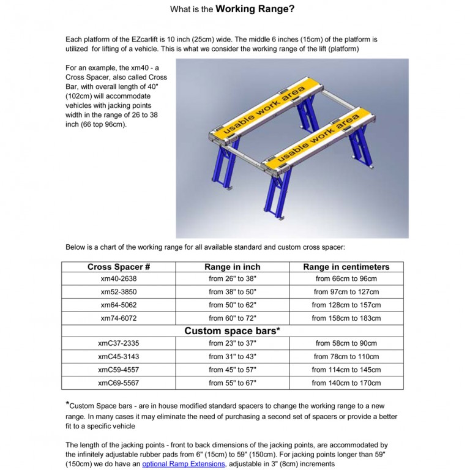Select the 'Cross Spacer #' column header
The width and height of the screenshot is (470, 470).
pyautogui.click(x=119, y=267)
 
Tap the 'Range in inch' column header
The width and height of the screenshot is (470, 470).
pyautogui.click(x=232, y=267)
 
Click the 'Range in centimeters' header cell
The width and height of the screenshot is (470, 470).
pyautogui.click(x=346, y=267)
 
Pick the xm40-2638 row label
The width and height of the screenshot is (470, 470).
pyautogui.click(x=119, y=279)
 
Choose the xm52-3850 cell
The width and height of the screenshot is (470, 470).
pyautogui.click(x=119, y=292)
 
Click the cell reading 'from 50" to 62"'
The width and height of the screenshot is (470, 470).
pyautogui.click(x=233, y=305)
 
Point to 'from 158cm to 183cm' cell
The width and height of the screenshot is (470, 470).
pyautogui.click(x=346, y=318)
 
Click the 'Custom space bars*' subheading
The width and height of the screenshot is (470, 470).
pyautogui.click(x=233, y=331)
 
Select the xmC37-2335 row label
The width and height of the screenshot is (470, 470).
pyautogui.click(x=119, y=343)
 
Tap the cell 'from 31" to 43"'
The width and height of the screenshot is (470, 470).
pyautogui.click(x=233, y=357)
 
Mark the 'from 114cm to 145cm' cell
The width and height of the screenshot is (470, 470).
pyautogui.click(x=346, y=370)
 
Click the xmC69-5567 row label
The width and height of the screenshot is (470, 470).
pyautogui.click(x=119, y=383)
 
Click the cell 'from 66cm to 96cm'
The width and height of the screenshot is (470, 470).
pyautogui.click(x=346, y=279)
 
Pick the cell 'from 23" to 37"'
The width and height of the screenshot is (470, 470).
pyautogui.click(x=233, y=343)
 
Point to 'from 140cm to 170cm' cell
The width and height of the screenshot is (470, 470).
pyautogui.click(x=346, y=383)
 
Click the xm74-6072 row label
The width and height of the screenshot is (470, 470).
pyautogui.click(x=119, y=318)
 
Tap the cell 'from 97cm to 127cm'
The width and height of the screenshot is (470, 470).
pyautogui.click(x=346, y=292)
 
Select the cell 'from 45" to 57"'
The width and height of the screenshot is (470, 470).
pyautogui.click(x=233, y=370)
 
